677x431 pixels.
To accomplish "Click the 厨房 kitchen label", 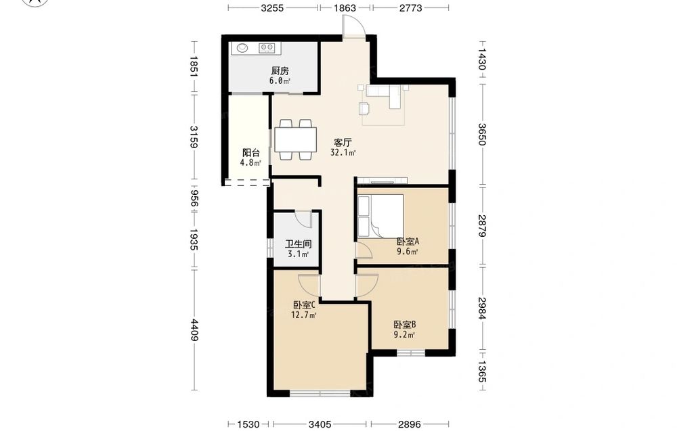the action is pos(280,71).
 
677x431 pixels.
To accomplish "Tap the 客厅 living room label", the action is pos(343,142).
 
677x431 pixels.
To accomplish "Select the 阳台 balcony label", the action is pos(251,153).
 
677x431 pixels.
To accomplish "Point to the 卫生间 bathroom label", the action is pos(299,244).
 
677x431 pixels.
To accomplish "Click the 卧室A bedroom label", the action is pos(408,241).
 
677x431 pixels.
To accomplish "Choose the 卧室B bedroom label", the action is pos(405,325).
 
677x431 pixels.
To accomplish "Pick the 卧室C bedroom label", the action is pos(303,305).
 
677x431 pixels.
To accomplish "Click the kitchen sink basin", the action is pos(242,47).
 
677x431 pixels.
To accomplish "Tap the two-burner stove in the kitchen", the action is pos(266,47).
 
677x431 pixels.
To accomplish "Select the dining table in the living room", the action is pos(295,139).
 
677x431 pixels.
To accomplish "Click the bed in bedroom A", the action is pos(380,216).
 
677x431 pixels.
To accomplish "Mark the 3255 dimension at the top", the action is pos(272,7).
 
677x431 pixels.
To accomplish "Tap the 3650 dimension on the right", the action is pos(482,134).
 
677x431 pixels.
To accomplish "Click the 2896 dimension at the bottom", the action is pos(410,424).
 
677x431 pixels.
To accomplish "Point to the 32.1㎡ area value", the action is pos(343,152).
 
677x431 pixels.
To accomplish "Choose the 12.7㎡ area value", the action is pos(303,315).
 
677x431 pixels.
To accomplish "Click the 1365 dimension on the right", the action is pos(482,371).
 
